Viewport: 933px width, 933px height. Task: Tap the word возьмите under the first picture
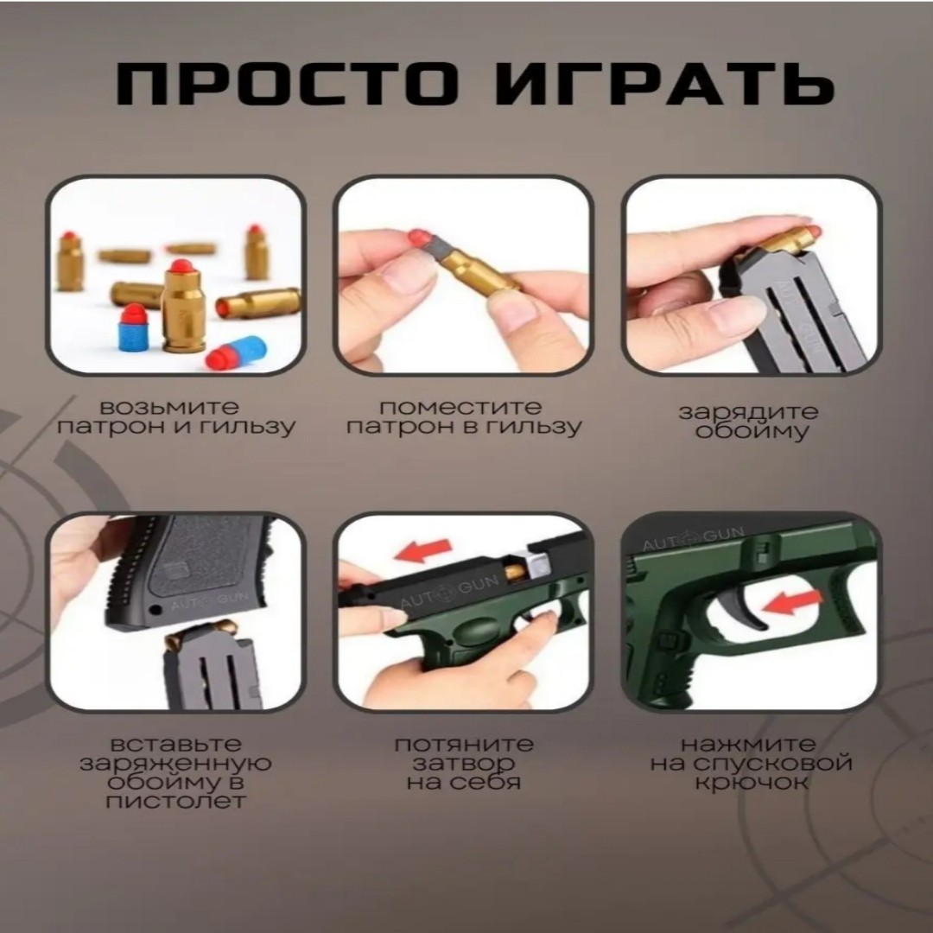[169, 408]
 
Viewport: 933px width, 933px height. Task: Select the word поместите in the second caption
[460, 408]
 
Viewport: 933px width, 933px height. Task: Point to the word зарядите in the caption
[748, 412]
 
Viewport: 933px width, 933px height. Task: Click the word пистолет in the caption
[175, 801]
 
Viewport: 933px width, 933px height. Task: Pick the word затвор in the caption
[464, 764]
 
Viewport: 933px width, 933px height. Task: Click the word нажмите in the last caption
[748, 745]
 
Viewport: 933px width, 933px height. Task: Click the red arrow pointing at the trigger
[792, 603]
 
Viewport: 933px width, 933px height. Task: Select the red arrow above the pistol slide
[423, 550]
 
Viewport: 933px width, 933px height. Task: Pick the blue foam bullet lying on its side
[236, 353]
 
